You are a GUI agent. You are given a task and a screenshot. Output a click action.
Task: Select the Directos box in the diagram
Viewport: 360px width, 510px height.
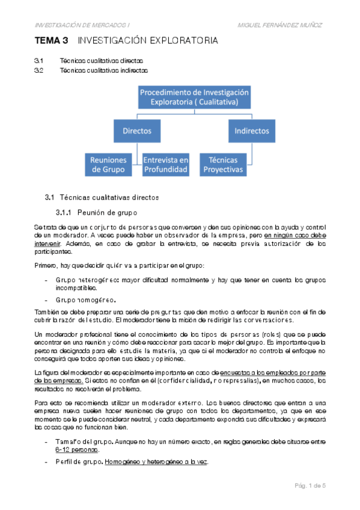tap(137, 131)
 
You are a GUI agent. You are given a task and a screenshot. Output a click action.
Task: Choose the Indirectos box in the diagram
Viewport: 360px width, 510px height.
tap(251, 131)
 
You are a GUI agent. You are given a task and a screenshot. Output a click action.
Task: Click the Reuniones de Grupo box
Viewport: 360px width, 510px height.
tap(108, 165)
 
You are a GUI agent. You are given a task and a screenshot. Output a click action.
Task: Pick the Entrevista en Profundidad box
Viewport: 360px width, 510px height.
tap(165, 165)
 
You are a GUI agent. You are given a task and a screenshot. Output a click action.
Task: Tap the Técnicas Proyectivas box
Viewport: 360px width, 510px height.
tap(223, 165)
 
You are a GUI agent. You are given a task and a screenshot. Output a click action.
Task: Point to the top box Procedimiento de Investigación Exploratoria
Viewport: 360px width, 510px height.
tap(194, 97)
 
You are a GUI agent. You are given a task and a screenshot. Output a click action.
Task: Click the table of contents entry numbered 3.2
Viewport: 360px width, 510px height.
tap(39, 70)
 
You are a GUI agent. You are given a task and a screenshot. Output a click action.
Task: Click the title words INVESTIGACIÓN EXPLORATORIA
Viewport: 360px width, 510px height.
tap(148, 41)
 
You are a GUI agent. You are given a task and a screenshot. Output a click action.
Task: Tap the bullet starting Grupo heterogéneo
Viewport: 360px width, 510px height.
tap(88, 280)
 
